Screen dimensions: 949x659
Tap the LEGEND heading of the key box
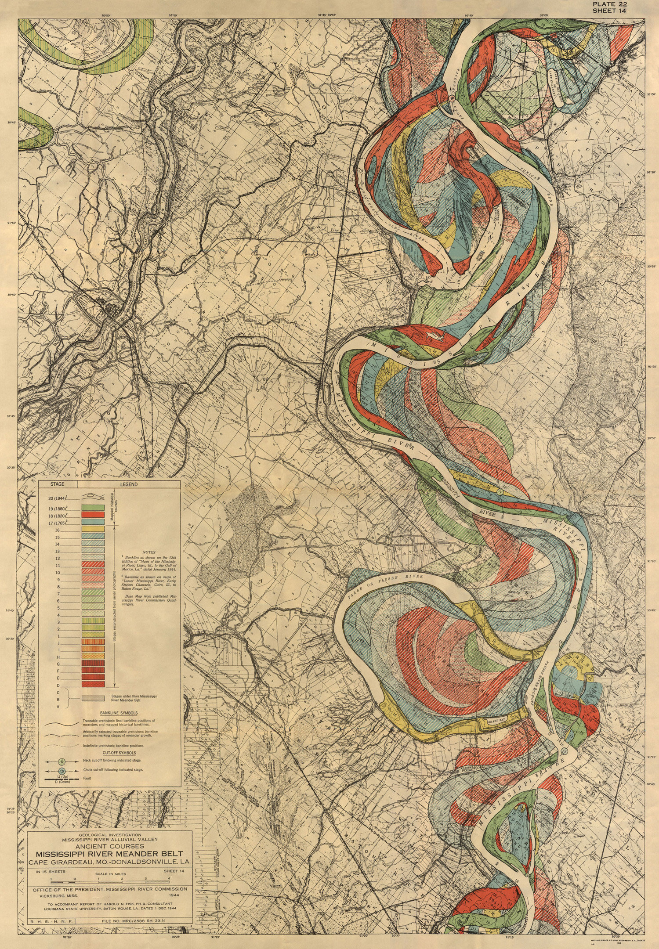click(x=129, y=484)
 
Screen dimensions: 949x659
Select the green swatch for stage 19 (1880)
click(x=93, y=508)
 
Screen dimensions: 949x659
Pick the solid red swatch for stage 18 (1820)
click(x=93, y=514)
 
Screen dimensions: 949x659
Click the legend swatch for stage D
click(x=93, y=685)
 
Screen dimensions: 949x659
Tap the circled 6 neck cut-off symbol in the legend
click(x=62, y=760)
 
